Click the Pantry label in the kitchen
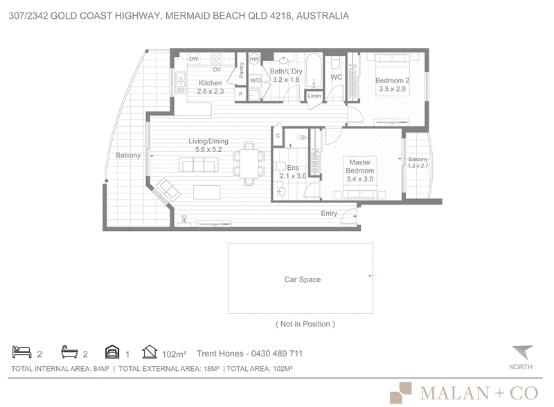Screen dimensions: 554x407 coord(241,70)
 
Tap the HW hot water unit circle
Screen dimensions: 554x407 coord(254,59)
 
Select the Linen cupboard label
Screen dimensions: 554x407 coord(314,96)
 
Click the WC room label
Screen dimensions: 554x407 coord(336,77)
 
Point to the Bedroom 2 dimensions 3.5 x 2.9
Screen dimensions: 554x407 coord(392,89)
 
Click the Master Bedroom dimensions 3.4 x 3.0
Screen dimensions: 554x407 coord(359,179)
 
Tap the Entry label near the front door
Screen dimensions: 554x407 coord(329,214)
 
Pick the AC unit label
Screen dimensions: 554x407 coord(184,218)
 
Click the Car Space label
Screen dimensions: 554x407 coord(303,279)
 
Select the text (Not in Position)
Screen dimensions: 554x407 coord(305,324)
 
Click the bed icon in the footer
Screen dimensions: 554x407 coord(22,352)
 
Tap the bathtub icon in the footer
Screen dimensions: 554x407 coord(69,352)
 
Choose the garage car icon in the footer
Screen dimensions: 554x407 coord(112,352)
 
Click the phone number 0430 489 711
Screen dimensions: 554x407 coord(276,354)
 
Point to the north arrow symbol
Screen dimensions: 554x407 coord(523,352)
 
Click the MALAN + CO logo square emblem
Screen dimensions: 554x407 coord(401,393)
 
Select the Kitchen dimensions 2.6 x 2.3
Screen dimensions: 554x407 coord(211,92)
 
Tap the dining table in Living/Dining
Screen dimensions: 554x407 coord(249,164)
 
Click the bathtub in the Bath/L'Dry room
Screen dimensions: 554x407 coord(314,71)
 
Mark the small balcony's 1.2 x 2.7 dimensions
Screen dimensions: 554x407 coord(418,166)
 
